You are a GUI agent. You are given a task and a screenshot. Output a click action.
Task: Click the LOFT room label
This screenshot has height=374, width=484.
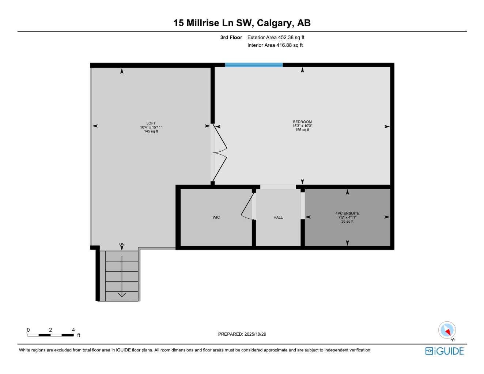(151, 123)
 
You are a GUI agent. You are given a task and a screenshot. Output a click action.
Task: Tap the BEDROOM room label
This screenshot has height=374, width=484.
(302, 122)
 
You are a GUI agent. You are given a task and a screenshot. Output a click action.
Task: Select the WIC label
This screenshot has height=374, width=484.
(216, 218)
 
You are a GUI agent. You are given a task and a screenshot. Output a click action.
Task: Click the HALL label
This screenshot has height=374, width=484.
(278, 218)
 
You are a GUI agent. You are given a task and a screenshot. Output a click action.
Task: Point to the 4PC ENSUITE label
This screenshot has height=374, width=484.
(347, 214)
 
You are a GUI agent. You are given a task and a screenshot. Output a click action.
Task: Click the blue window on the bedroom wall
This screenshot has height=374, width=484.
(254, 65)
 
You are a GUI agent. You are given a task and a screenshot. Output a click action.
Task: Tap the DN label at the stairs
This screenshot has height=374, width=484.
(122, 244)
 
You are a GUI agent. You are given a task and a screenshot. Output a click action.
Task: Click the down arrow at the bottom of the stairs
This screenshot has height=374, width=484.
(122, 294)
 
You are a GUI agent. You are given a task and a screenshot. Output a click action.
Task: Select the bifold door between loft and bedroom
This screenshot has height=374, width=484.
(220, 153)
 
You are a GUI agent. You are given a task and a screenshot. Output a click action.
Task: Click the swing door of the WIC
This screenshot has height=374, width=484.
(247, 207)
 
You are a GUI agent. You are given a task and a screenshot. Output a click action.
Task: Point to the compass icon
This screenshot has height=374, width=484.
(447, 330)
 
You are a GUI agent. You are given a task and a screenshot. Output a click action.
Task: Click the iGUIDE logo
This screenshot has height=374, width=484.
(444, 351)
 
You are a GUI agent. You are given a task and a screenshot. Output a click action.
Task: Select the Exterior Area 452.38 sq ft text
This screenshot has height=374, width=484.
(276, 37)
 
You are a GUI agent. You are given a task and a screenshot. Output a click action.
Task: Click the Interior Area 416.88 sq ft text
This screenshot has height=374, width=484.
(275, 45)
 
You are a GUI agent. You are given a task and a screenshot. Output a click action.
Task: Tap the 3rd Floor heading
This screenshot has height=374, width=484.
(231, 37)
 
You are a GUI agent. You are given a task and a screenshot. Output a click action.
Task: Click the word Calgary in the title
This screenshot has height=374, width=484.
(274, 23)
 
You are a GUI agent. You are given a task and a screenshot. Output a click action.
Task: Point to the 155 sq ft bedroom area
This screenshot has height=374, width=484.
(302, 130)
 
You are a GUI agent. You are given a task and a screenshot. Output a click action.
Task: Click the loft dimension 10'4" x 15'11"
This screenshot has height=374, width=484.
(151, 127)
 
